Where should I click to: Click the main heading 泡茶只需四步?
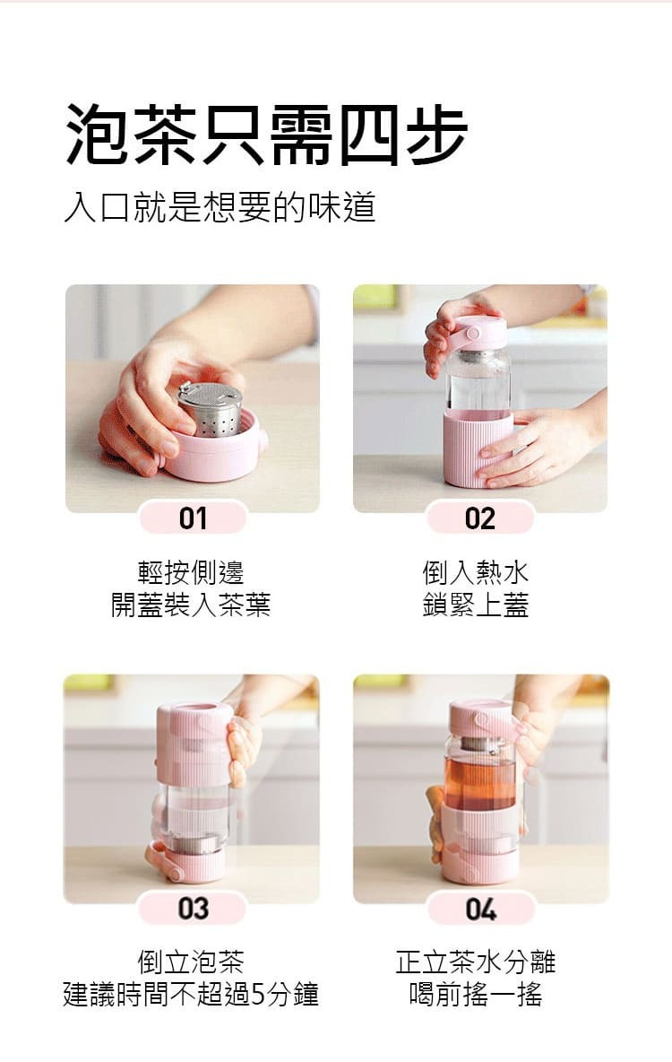(266, 135)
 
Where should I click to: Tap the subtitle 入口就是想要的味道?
(220, 207)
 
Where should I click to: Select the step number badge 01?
(193, 518)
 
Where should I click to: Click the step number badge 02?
(480, 518)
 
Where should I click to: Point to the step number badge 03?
(193, 909)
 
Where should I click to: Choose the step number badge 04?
(480, 909)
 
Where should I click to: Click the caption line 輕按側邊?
(191, 572)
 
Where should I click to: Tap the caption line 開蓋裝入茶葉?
(191, 605)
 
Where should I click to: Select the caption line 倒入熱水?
(476, 572)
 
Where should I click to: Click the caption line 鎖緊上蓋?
(476, 605)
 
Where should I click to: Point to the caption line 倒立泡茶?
(191, 961)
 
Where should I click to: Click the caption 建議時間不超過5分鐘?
(191, 994)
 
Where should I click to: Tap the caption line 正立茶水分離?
(476, 961)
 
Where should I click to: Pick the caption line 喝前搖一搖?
(476, 994)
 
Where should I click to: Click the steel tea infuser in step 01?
(211, 408)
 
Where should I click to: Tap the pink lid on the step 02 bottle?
(478, 333)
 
